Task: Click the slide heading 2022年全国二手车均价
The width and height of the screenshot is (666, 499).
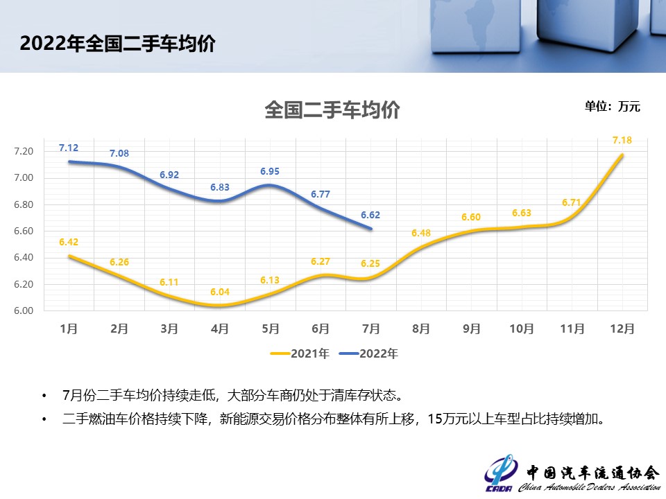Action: point(118,44)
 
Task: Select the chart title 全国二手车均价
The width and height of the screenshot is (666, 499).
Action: point(332,110)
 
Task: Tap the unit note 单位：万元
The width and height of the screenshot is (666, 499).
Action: point(612,107)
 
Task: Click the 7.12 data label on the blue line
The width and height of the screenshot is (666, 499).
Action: point(69,148)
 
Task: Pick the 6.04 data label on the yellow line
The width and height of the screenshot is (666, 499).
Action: point(219,292)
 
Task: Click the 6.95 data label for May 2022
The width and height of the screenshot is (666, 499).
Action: point(270,171)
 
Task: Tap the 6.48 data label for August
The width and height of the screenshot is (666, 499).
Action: point(421,233)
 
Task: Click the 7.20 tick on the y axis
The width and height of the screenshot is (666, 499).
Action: point(24,152)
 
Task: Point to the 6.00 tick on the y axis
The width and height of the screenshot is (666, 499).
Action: point(24,310)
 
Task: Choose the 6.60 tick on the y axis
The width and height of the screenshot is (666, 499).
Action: point(24,231)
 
